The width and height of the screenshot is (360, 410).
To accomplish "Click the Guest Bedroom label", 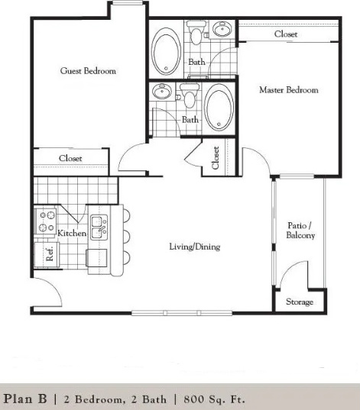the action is pyautogui.click(x=88, y=71).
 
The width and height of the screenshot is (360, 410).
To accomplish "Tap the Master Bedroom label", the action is pyautogui.click(x=289, y=90).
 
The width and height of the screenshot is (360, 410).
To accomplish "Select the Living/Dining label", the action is pyautogui.click(x=195, y=247).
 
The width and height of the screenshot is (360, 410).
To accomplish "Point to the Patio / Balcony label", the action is pyautogui.click(x=300, y=230).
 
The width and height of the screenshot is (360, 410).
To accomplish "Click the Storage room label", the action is pyautogui.click(x=300, y=302).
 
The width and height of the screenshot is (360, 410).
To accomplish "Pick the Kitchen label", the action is pyautogui.click(x=72, y=233).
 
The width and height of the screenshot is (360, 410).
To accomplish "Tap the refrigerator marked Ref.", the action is pyautogui.click(x=47, y=255).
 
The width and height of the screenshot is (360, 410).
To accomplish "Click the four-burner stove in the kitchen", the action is pyautogui.click(x=46, y=221).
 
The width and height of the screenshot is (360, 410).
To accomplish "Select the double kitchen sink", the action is pyautogui.click(x=99, y=228).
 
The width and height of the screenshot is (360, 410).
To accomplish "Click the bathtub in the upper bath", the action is pyautogui.click(x=166, y=51).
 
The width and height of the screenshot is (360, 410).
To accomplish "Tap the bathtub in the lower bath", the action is pyautogui.click(x=219, y=107).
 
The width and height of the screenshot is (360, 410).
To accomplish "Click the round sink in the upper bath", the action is pyautogui.click(x=222, y=29).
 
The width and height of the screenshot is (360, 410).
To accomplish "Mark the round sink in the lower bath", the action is pyautogui.click(x=162, y=92).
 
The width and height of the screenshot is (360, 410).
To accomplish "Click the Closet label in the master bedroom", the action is pyautogui.click(x=286, y=34).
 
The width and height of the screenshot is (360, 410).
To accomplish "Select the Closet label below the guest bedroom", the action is pyautogui.click(x=70, y=158).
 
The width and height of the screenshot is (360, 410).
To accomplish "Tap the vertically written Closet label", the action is pyautogui.click(x=216, y=158).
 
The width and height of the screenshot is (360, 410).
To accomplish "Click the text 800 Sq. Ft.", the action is pyautogui.click(x=214, y=399).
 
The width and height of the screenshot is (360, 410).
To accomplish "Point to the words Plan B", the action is pyautogui.click(x=25, y=399).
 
